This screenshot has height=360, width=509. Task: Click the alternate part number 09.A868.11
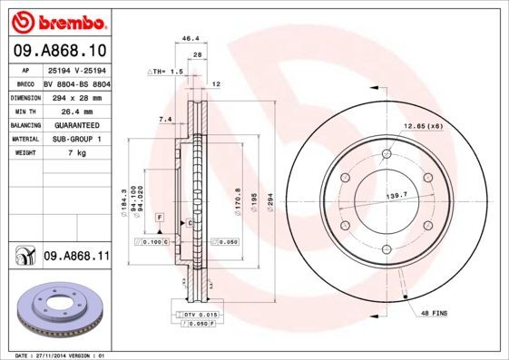click(x=75, y=257)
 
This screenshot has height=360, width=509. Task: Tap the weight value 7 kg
click(x=76, y=153)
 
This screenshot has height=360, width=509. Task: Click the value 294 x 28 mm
click(x=76, y=96)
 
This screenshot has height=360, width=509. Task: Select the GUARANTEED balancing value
click(x=76, y=125)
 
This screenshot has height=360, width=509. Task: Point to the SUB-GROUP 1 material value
click(x=76, y=139)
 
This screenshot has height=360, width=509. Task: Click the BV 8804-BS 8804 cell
click(x=76, y=83)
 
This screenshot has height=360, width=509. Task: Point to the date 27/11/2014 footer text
click(x=58, y=355)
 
